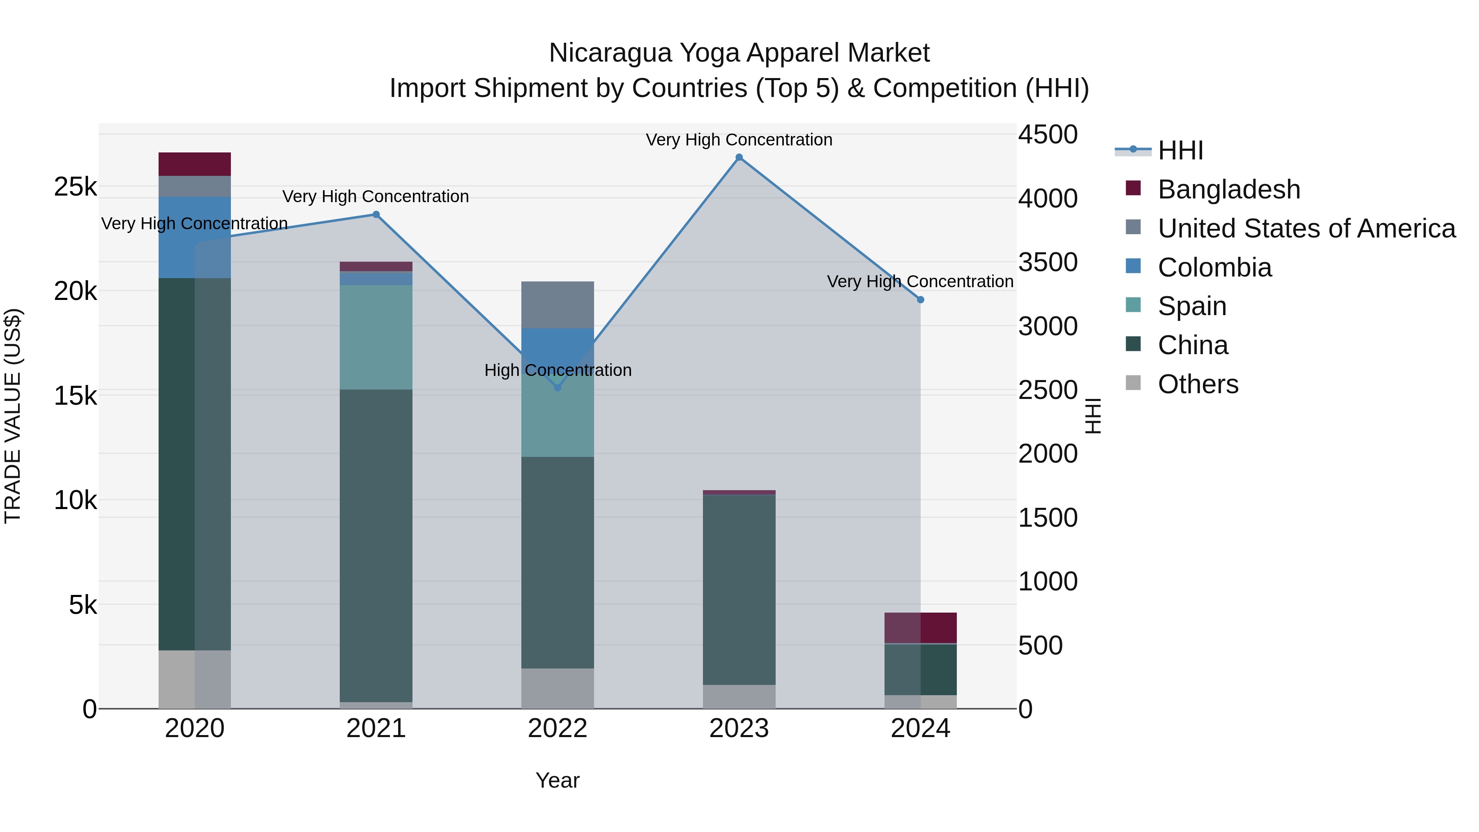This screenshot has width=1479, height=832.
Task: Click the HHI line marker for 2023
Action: [739, 157]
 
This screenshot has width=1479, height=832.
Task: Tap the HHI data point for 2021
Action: [376, 215]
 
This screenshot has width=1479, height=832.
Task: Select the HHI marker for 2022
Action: [558, 387]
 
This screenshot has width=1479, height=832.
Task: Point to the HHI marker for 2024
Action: [920, 300]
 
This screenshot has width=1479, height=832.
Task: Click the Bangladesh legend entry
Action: [1229, 189]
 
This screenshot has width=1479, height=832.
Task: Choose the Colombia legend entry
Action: [1214, 267]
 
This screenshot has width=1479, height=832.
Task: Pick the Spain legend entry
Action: [1192, 306]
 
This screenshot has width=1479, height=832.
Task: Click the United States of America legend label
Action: [1306, 228]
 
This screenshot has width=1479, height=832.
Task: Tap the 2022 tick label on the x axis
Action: [558, 728]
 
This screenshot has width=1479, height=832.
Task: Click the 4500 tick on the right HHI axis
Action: [1048, 135]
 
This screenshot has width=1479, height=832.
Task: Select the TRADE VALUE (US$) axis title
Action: [13, 416]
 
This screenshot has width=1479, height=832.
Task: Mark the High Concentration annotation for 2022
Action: [558, 370]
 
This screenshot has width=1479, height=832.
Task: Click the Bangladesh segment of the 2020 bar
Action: [195, 164]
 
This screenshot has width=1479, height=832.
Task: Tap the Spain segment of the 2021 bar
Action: [376, 338]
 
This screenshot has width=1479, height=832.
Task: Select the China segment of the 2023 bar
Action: [739, 589]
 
